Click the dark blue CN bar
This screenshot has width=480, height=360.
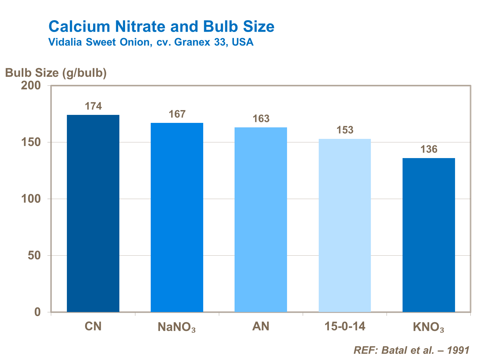(93, 213)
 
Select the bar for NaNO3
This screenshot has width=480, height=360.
(177, 217)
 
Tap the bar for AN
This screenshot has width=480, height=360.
(260, 220)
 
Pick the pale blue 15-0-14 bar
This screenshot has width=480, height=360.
(345, 225)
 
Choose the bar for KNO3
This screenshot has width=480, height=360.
(428, 235)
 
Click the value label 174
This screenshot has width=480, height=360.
(93, 106)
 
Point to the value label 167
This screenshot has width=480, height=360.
(177, 114)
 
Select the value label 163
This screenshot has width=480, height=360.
(261, 119)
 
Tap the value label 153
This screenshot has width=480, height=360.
(345, 130)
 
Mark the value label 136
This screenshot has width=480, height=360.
(428, 149)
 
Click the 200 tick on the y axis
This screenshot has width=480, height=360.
(31, 85)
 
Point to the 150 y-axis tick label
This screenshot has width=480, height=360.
(31, 142)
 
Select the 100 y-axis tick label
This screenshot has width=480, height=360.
(31, 199)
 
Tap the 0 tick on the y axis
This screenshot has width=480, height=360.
(38, 312)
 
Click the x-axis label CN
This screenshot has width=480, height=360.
(93, 326)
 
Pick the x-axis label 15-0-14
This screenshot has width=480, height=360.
(345, 326)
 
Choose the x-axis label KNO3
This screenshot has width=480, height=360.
(428, 327)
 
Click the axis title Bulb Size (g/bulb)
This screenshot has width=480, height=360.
(56, 73)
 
